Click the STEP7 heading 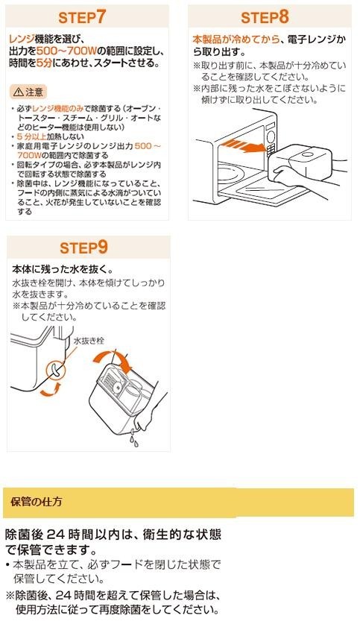click(82, 16)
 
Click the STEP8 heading click(265, 16)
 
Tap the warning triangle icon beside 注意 click(18, 92)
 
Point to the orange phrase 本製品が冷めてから click(236, 40)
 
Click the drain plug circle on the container click(56, 369)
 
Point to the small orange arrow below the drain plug click(51, 391)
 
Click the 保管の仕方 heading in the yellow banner click(37, 502)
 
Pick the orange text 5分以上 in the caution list click(31, 136)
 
